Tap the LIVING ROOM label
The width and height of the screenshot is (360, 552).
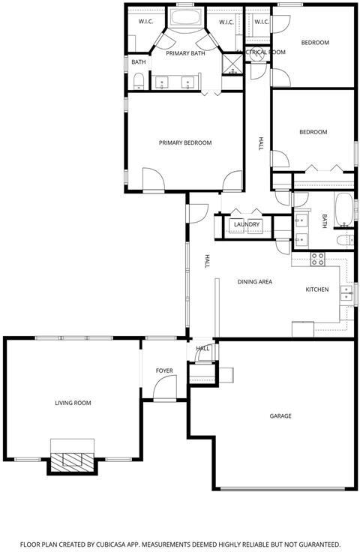tap(73, 403)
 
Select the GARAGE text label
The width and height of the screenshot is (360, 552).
tap(280, 415)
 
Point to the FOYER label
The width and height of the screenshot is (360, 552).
tap(164, 371)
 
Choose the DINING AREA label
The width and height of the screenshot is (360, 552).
tap(254, 282)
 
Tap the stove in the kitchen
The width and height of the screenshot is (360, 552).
tap(317, 259)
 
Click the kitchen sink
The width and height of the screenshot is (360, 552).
tap(346, 292)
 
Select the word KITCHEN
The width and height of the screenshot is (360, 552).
tap(316, 289)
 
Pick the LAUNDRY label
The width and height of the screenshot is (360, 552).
tap(246, 224)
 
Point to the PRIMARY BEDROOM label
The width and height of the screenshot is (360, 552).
tap(184, 142)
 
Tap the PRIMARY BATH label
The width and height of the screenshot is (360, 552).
tap(185, 53)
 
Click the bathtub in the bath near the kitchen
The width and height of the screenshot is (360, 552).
tap(343, 210)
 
